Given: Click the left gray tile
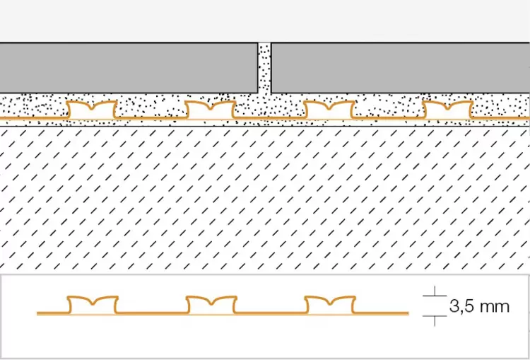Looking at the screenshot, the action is pyautogui.click(x=129, y=68).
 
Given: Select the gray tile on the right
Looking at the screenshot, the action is pyautogui.click(x=401, y=68).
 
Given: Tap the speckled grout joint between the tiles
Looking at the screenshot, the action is pyautogui.click(x=265, y=68).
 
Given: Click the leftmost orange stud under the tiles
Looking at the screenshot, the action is pyautogui.click(x=92, y=110).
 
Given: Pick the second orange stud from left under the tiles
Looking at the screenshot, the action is pyautogui.click(x=211, y=110).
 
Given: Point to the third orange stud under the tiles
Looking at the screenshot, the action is pyautogui.click(x=329, y=110).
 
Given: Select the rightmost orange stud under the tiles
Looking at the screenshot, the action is pyautogui.click(x=448, y=110).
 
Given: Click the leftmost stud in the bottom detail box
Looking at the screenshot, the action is pyautogui.click(x=93, y=305).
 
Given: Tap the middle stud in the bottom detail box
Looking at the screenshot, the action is pyautogui.click(x=211, y=305).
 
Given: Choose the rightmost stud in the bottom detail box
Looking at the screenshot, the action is pyautogui.click(x=330, y=305).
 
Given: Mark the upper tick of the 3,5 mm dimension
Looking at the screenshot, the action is pyautogui.click(x=435, y=296).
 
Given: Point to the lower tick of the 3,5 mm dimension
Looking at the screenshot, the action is pyautogui.click(x=435, y=316).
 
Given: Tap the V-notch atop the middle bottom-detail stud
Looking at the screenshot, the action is pyautogui.click(x=211, y=303).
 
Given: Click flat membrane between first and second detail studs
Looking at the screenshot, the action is pyautogui.click(x=152, y=313).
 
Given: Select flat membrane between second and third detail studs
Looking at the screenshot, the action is pyautogui.click(x=271, y=313).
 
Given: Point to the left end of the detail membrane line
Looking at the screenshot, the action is pyautogui.click(x=37, y=313).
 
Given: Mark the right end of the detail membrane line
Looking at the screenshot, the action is pyautogui.click(x=408, y=313).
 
